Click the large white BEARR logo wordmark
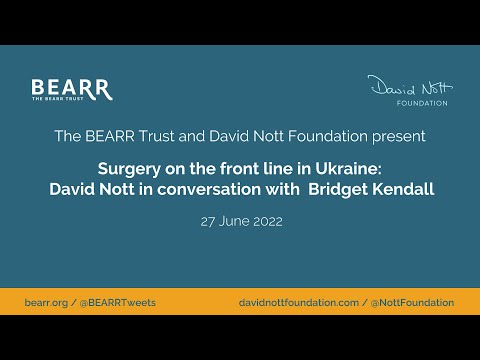(71, 87)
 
